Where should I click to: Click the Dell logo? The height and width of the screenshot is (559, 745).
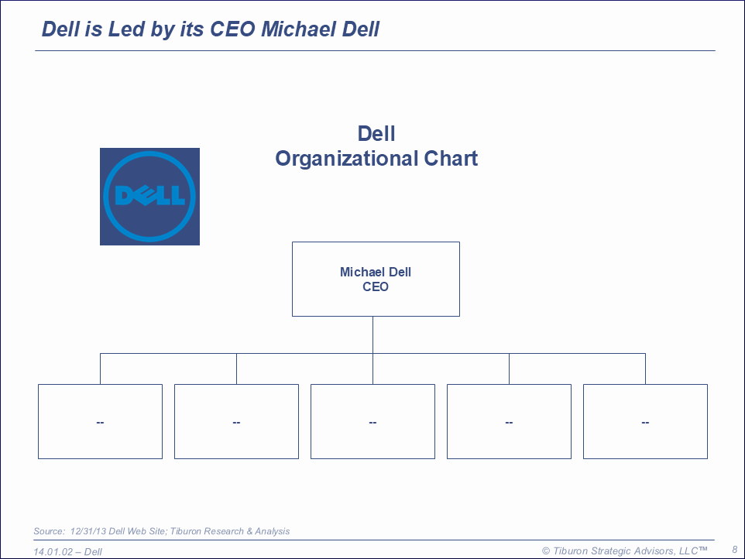pyautogui.click(x=149, y=197)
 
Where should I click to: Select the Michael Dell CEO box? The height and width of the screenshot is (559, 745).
pyautogui.click(x=376, y=279)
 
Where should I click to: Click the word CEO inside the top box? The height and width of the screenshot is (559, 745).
pyautogui.click(x=376, y=287)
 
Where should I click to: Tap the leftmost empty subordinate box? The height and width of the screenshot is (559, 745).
pyautogui.click(x=100, y=422)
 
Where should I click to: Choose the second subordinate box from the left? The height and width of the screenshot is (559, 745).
pyautogui.click(x=237, y=422)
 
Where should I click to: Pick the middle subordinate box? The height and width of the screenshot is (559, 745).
pyautogui.click(x=373, y=422)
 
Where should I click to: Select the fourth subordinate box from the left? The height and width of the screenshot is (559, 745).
pyautogui.click(x=509, y=422)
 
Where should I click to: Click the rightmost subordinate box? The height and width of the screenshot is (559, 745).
pyautogui.click(x=645, y=422)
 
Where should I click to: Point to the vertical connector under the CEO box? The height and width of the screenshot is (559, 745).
pyautogui.click(x=373, y=334)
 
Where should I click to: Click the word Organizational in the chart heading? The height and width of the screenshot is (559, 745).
pyautogui.click(x=347, y=159)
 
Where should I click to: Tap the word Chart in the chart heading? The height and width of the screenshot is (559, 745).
pyautogui.click(x=451, y=158)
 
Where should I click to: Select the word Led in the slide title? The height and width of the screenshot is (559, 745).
pyautogui.click(x=126, y=29)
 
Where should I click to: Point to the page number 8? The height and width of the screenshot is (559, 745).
pyautogui.click(x=735, y=550)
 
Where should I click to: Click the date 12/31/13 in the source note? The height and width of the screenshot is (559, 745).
pyautogui.click(x=88, y=531)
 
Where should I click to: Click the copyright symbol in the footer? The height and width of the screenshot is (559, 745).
pyautogui.click(x=547, y=551)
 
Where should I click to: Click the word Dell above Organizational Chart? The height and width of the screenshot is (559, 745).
pyautogui.click(x=376, y=133)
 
